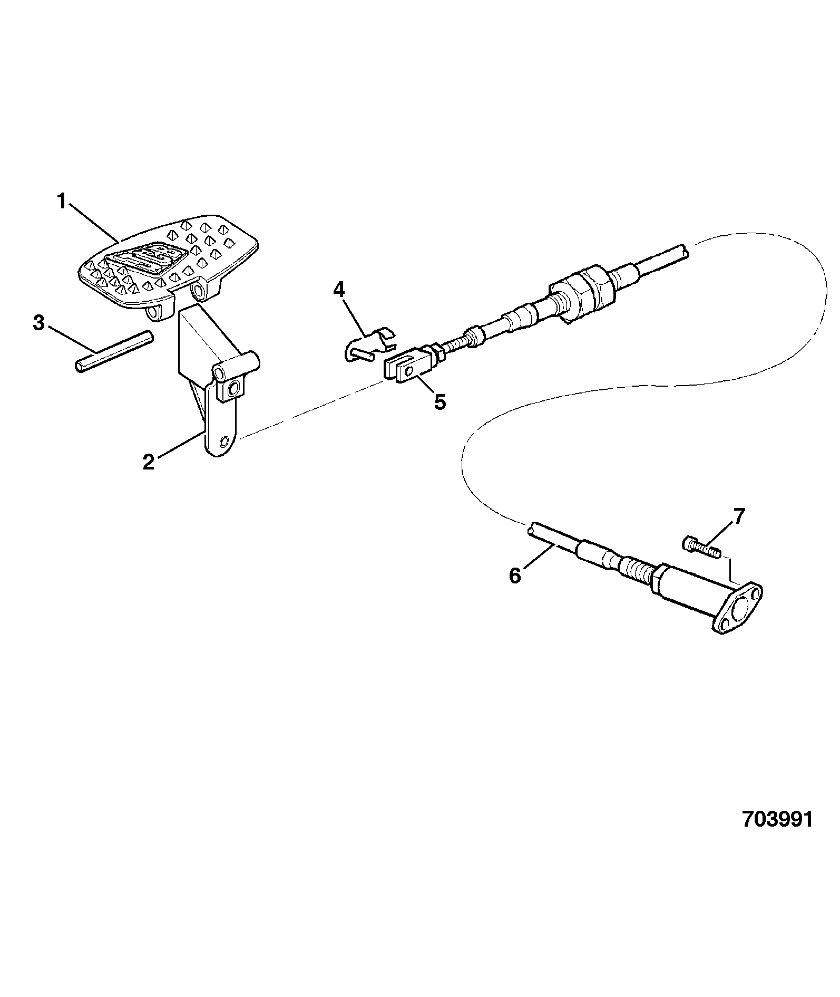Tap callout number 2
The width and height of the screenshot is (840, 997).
149,462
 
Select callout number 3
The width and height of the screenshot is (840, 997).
38,323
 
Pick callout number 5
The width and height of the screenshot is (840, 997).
440,402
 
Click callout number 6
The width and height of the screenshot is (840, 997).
515,576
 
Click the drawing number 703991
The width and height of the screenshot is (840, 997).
777,834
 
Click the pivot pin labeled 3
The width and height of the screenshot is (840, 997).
114,351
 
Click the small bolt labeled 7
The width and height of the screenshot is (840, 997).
702,547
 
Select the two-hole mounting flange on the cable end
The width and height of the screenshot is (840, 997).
738,608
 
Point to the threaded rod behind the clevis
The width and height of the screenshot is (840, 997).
455,347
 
